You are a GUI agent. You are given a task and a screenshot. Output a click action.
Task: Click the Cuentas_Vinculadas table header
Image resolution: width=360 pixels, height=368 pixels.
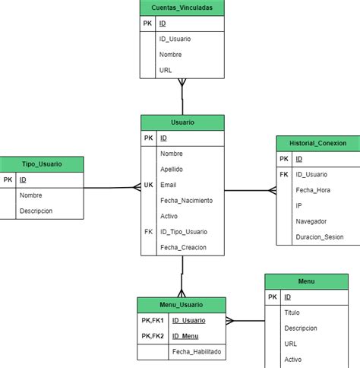(x=182, y=8)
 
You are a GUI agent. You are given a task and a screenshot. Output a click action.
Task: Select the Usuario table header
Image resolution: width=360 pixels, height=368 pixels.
(x=182, y=122)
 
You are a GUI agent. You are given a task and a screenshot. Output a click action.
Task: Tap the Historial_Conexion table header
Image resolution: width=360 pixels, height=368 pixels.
(x=317, y=143)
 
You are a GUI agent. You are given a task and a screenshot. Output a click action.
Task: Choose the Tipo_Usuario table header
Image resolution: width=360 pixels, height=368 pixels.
(x=42, y=164)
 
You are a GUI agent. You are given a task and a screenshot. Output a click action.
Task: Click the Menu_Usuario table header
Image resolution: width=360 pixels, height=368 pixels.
(x=181, y=304)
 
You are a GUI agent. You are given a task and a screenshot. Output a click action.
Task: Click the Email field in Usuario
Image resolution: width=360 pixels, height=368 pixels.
(x=168, y=185)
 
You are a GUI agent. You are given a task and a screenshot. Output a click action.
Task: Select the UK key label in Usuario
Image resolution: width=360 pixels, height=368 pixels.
(x=148, y=185)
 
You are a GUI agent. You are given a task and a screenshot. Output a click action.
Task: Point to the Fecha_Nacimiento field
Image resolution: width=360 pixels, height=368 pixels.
(x=186, y=201)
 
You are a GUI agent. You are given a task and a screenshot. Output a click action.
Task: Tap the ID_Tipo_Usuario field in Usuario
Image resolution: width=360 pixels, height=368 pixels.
(x=184, y=232)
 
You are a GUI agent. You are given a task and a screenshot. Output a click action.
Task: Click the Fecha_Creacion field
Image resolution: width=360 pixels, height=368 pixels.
(x=182, y=247)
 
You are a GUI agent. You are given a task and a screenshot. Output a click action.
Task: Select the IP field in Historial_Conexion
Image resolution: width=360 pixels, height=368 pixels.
(x=299, y=206)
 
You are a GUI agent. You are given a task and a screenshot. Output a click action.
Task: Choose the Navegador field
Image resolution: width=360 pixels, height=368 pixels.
(x=311, y=221)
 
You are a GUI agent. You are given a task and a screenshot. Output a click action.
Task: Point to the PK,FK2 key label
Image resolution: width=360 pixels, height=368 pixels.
(x=153, y=336)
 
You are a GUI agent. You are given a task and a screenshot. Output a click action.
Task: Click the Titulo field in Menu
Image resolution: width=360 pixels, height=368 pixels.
(x=292, y=312)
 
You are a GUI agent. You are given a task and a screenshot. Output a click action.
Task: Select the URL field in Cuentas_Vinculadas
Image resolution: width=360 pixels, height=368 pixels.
(x=166, y=70)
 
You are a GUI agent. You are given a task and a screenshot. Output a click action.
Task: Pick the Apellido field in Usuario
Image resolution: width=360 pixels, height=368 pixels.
(x=172, y=169)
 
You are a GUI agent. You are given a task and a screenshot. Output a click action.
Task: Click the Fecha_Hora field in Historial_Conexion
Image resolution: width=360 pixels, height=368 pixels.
(x=314, y=190)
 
